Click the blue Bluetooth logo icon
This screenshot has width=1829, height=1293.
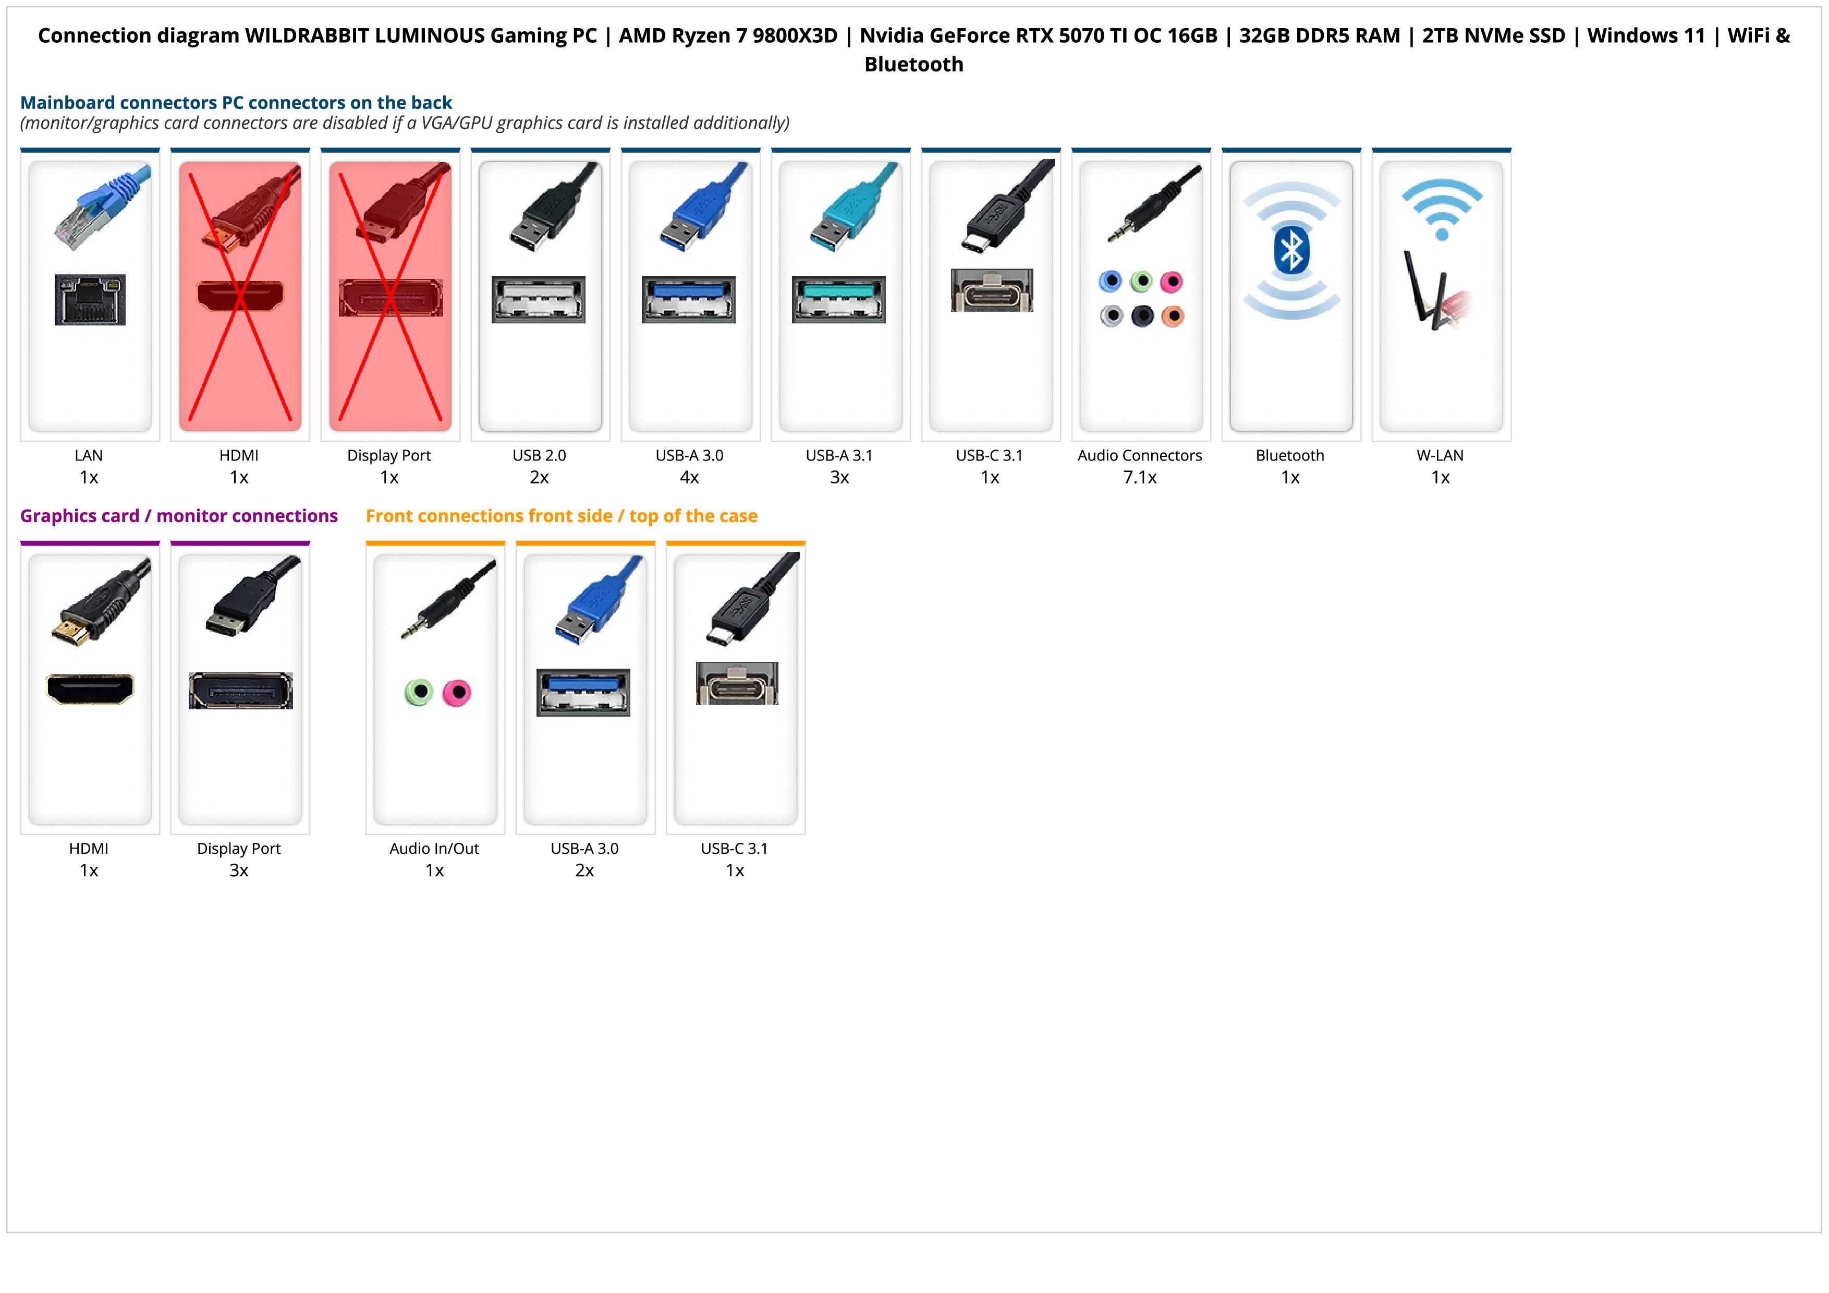click(1290, 251)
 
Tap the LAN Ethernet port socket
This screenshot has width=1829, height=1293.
click(90, 299)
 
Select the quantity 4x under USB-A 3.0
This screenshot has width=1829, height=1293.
click(689, 477)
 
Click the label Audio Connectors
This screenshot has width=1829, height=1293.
click(1139, 456)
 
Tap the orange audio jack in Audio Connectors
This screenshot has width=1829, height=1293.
click(1173, 316)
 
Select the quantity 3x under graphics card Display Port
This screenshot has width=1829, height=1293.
click(239, 870)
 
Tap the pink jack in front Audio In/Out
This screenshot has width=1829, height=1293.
click(456, 692)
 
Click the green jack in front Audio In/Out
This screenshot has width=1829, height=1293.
click(418, 692)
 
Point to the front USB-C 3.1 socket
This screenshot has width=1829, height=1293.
click(737, 684)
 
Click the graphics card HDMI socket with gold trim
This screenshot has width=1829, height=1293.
click(90, 689)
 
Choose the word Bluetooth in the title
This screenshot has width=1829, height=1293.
click(913, 65)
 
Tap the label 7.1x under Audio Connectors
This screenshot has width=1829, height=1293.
click(1139, 477)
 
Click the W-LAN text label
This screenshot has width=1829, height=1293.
click(1440, 456)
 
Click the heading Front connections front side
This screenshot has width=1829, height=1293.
click(561, 516)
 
